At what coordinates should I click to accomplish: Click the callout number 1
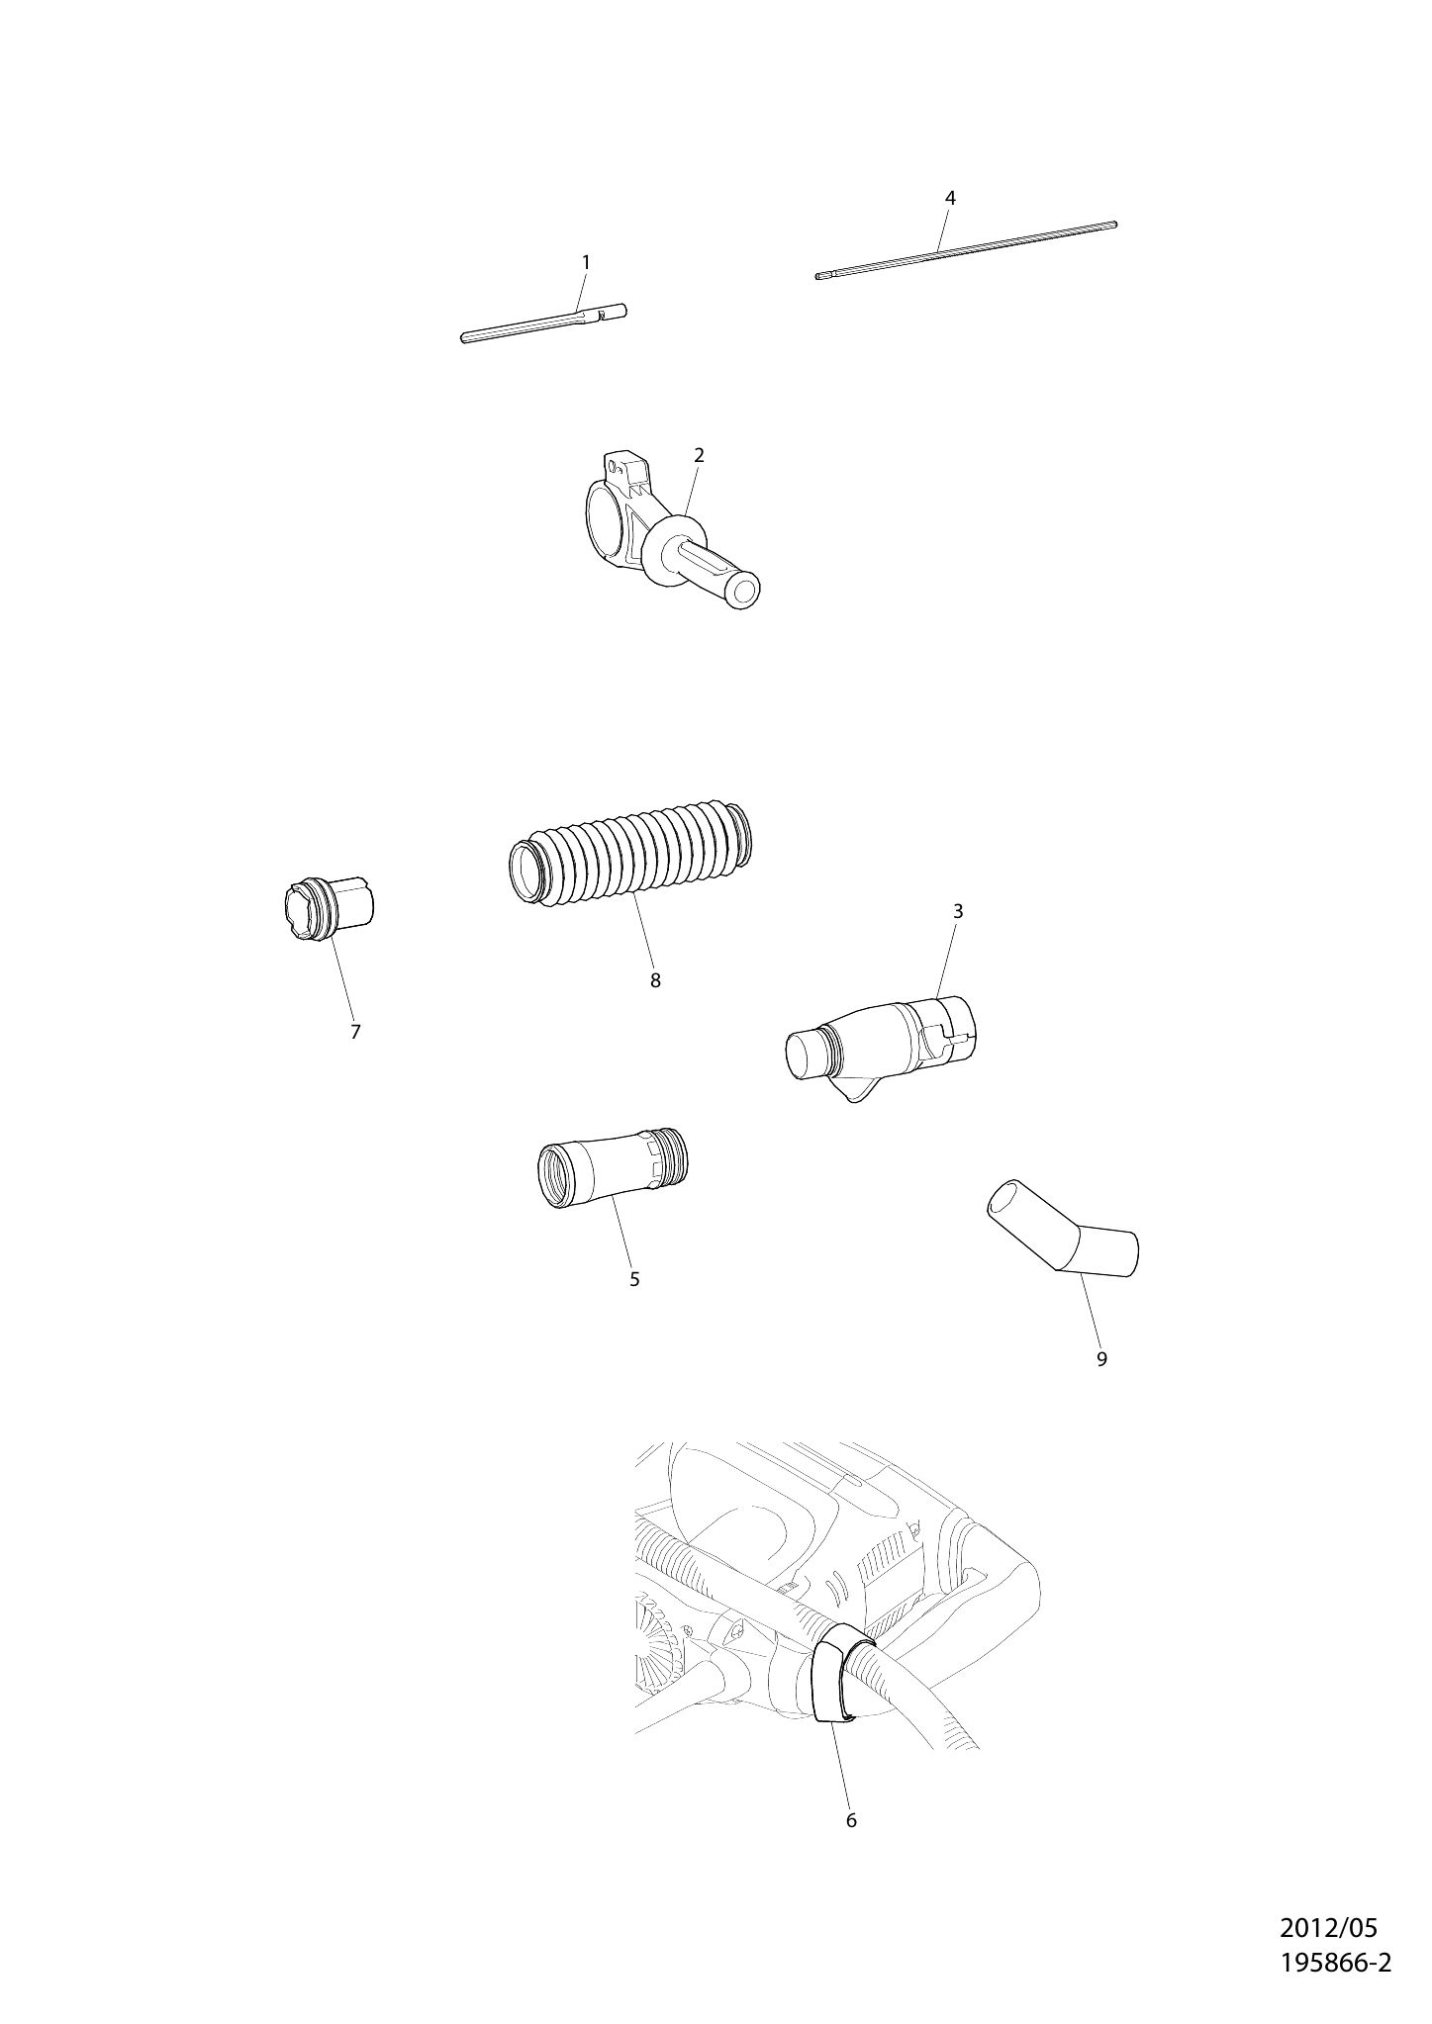[585, 262]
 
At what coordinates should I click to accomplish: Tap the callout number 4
[950, 198]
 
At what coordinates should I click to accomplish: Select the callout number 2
[699, 455]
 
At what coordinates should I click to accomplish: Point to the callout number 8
[655, 980]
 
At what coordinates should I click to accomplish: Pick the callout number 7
[355, 1032]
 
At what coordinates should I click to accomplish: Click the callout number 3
[958, 911]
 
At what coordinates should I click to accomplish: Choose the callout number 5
[634, 1279]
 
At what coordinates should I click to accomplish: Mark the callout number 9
[1101, 1359]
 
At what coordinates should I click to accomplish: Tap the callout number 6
[851, 1820]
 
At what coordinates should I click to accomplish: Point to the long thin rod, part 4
[967, 249]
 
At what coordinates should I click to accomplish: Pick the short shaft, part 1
[543, 323]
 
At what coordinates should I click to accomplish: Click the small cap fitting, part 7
[328, 907]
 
